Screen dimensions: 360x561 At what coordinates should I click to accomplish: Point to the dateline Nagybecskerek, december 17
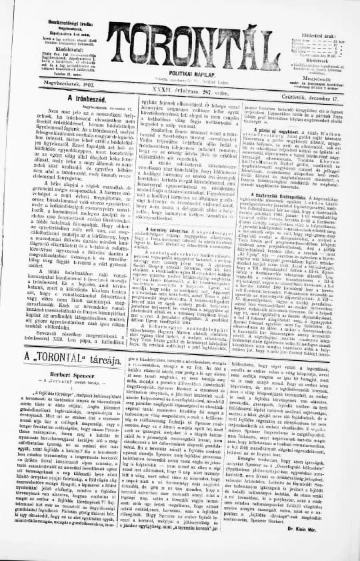(x=74, y=106)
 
